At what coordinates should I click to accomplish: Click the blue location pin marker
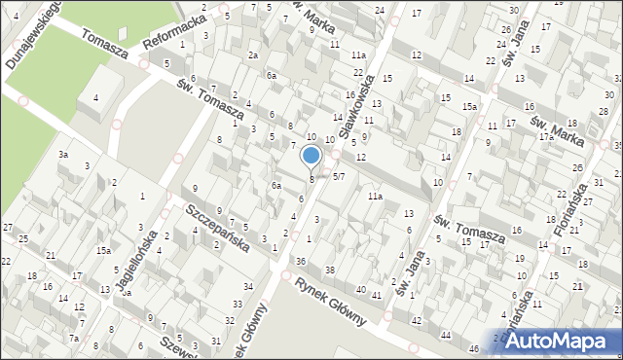pyautogui.click(x=311, y=156)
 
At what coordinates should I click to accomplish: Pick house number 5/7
pyautogui.click(x=339, y=177)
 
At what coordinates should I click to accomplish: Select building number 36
pyautogui.click(x=301, y=261)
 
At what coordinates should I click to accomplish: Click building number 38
pyautogui.click(x=330, y=270)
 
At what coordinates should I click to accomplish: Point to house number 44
pyautogui.click(x=446, y=335)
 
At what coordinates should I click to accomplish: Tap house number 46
pyautogui.click(x=474, y=348)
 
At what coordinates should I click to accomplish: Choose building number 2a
pyautogui.click(x=253, y=55)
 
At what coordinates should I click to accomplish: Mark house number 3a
pyautogui.click(x=62, y=155)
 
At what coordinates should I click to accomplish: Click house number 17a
pyautogui.click(x=546, y=137)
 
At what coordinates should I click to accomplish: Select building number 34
pyautogui.click(x=249, y=286)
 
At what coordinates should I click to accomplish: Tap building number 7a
pyautogui.click(x=74, y=339)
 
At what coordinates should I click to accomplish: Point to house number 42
pyautogui.click(x=416, y=321)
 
